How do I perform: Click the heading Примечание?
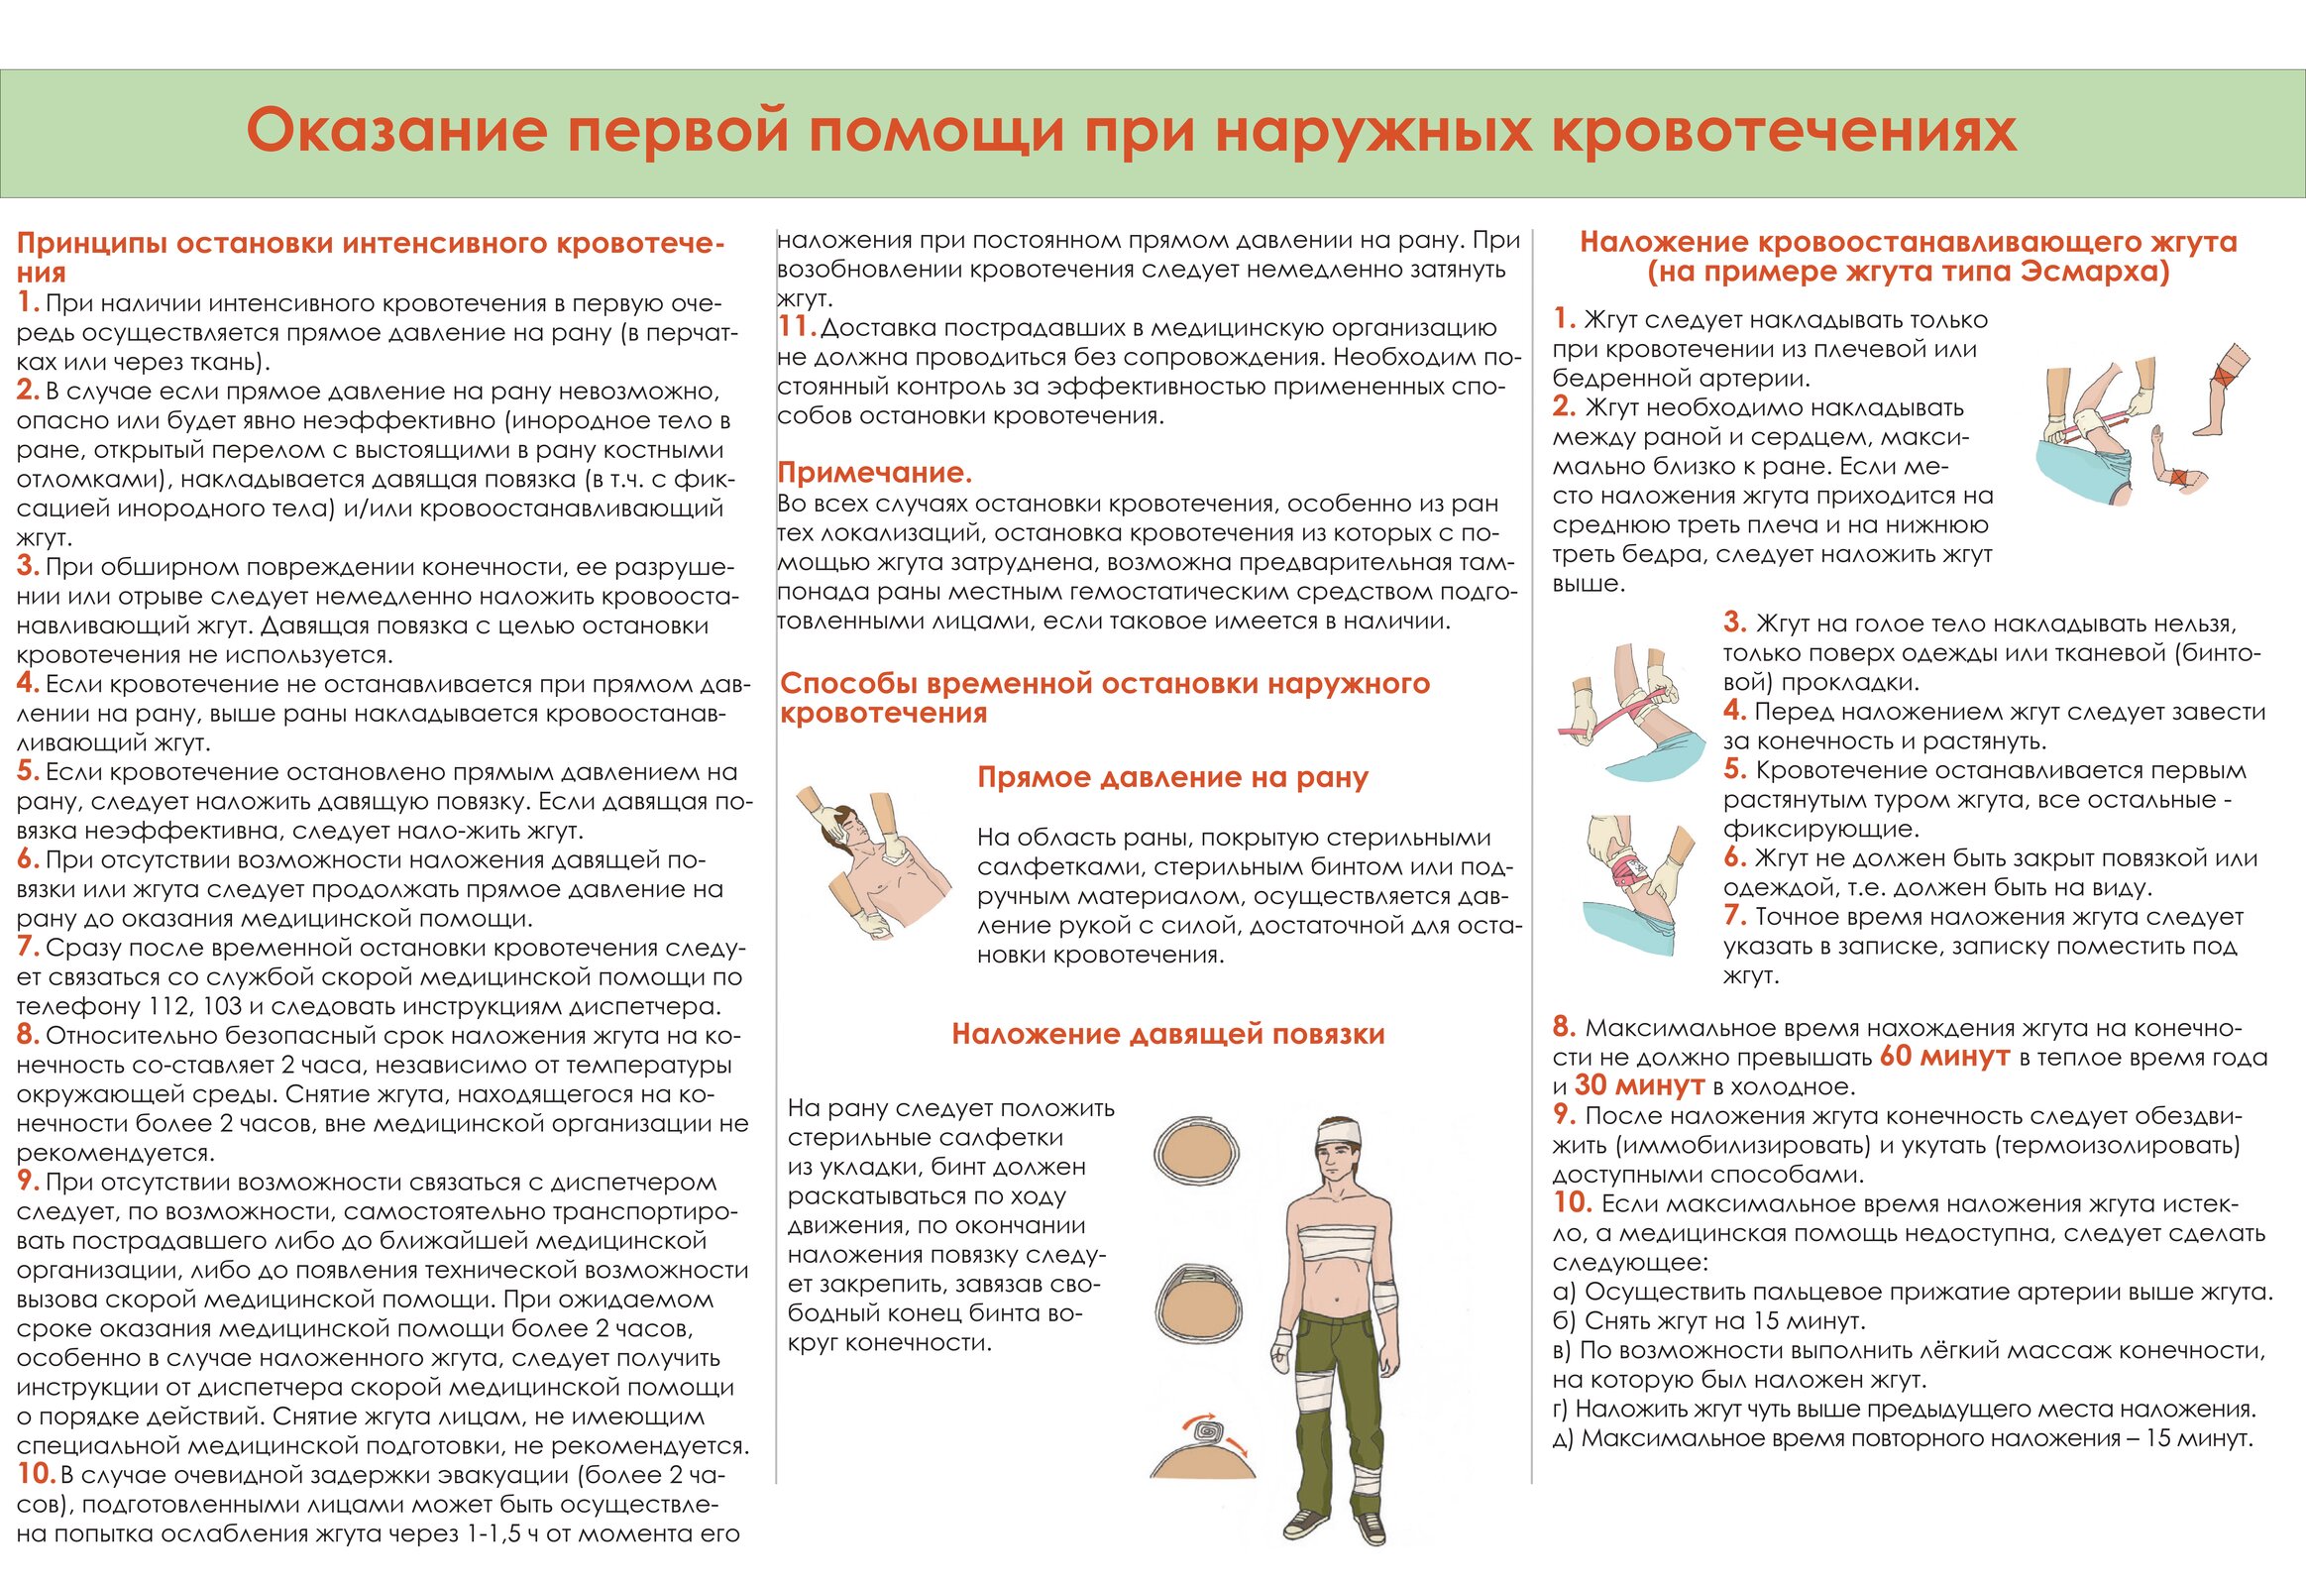[x=874, y=472]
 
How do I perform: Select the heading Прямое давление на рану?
[x=1172, y=777]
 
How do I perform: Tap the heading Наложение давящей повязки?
[x=1167, y=1035]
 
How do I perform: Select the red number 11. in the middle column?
[x=797, y=327]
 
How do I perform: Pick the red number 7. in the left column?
[x=28, y=947]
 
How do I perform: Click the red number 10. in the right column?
[x=1573, y=1203]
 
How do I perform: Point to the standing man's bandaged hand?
[x=1281, y=1349]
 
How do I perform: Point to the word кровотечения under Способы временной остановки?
[x=883, y=714]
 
